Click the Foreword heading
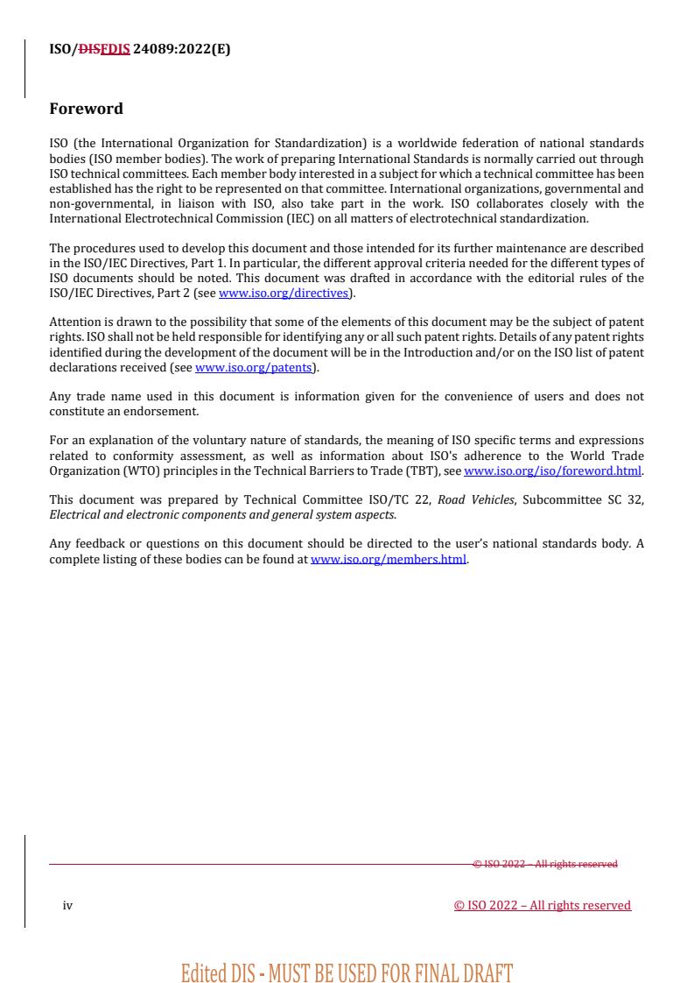tap(86, 109)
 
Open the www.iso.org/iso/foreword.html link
tap(552, 470)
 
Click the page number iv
tap(67, 906)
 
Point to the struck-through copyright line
tap(545, 864)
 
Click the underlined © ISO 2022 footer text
tap(542, 906)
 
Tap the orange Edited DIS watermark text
tap(347, 972)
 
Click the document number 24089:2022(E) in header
tap(181, 49)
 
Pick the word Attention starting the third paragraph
tap(75, 322)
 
